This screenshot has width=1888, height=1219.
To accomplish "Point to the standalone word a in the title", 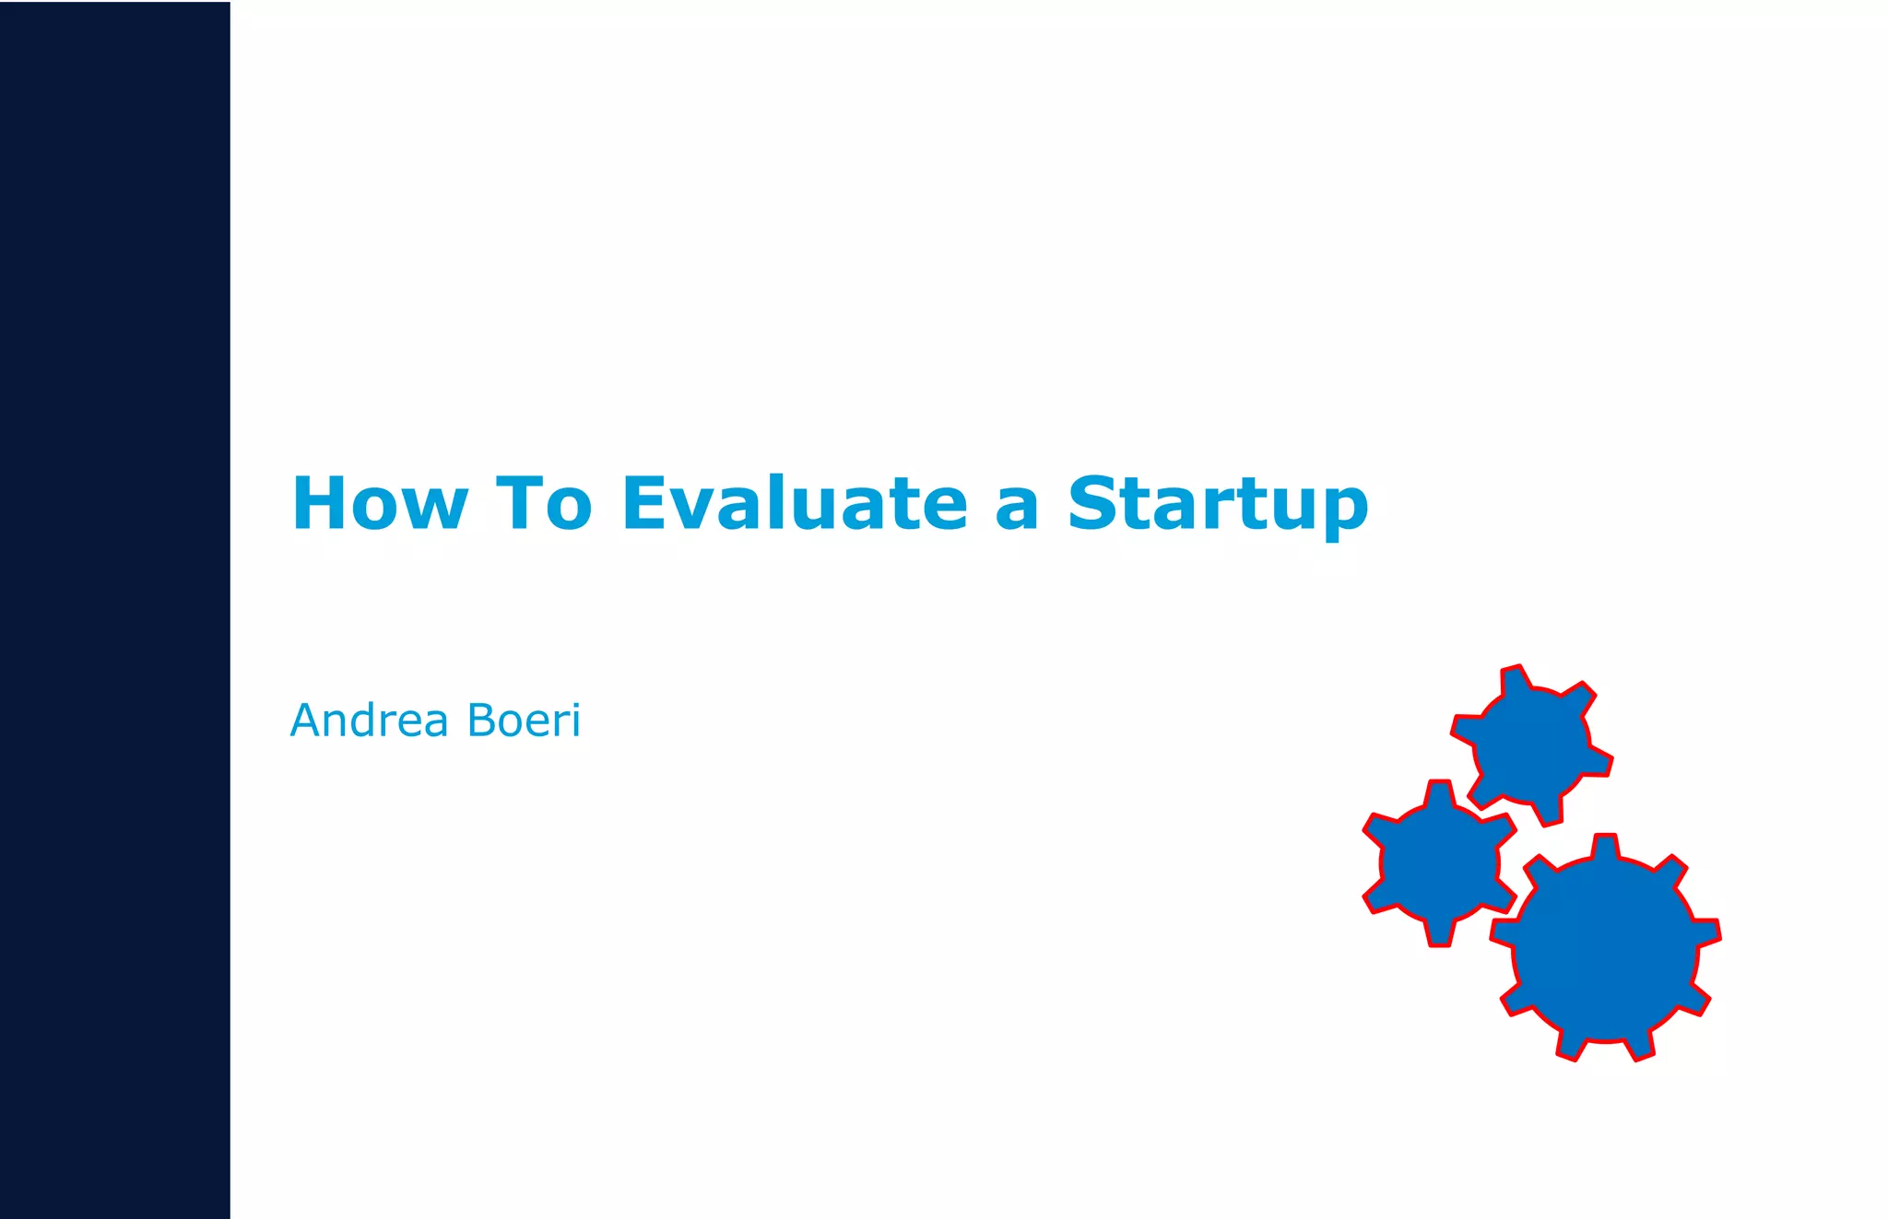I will tap(1017, 509).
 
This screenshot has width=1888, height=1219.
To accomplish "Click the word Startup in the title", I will tap(1217, 505).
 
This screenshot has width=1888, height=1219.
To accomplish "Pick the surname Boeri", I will tap(524, 721).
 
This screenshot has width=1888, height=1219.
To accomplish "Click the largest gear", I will tap(1605, 949).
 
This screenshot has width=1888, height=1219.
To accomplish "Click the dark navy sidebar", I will tap(114, 608).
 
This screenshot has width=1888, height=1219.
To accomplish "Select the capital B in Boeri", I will tap(483, 721).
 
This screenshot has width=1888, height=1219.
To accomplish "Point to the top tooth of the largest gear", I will tap(1605, 846).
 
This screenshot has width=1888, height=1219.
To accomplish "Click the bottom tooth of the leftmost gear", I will tap(1439, 932).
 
